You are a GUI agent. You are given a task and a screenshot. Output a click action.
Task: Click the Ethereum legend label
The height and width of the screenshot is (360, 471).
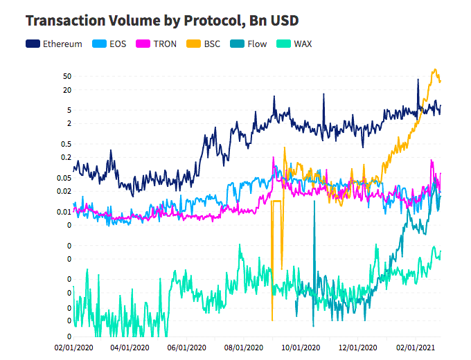pos(62,44)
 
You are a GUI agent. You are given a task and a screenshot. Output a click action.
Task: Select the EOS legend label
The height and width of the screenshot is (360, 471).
pos(118,44)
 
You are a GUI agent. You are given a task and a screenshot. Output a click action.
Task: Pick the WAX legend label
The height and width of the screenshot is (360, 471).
pos(303,44)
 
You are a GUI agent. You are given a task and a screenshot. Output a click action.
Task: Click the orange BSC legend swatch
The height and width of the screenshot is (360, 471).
pos(191,44)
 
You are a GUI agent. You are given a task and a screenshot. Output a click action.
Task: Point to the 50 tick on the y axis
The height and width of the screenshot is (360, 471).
pos(67,75)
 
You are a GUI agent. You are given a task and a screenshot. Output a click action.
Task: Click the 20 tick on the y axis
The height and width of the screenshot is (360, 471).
pos(67,90)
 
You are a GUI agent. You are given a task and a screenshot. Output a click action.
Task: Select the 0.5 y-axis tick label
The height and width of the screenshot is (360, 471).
pos(66,144)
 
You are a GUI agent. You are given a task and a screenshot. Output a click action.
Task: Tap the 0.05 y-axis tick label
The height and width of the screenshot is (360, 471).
pos(64,178)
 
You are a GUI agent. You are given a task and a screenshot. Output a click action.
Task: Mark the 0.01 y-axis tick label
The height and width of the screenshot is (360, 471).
pos(64,212)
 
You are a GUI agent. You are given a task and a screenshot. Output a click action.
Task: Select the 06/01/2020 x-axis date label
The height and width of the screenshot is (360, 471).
pos(188,347)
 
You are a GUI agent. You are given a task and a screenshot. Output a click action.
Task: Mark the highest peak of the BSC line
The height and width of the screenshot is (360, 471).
pos(435,69)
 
